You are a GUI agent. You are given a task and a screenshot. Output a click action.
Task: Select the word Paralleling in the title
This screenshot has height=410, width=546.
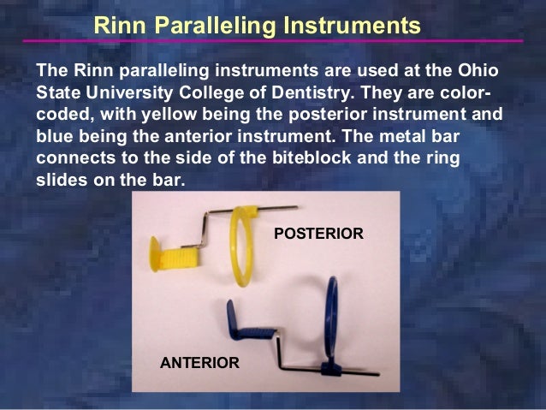point(210,26)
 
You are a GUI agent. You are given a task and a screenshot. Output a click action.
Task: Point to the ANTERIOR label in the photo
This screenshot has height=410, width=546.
point(199,363)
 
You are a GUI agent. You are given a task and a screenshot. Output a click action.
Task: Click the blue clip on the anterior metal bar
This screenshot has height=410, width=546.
point(329,370)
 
